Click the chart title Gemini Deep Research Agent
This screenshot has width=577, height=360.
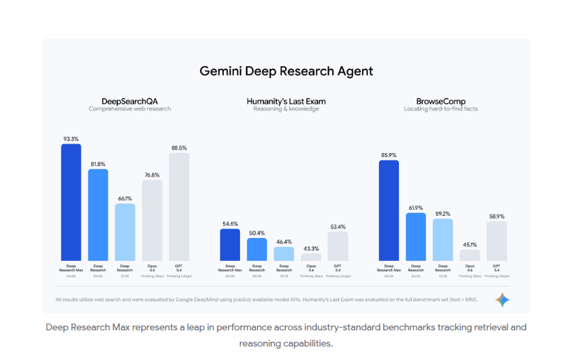coord(286,71)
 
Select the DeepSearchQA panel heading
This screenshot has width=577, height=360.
coord(129,100)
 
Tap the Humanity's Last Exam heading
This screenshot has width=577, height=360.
coord(286,100)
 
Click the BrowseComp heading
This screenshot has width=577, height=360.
coord(442,100)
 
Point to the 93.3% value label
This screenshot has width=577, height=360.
coord(71,138)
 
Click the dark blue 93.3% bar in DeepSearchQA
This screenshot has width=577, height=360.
coord(71,202)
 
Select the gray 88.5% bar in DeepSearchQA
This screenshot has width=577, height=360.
coord(179,206)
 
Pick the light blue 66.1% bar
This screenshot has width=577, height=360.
coord(125,232)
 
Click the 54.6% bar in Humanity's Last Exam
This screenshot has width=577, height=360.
coord(231,245)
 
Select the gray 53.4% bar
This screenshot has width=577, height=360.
coord(338,246)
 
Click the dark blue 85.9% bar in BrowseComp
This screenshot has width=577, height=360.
coord(389,210)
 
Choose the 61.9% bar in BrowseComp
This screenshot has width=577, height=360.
coord(416,237)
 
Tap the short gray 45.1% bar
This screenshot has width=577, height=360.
coord(470,256)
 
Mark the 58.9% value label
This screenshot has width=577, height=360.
coord(497,216)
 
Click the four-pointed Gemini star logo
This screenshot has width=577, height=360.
coord(502,300)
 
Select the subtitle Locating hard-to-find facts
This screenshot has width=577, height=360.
coord(442,109)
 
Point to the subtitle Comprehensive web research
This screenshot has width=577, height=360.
coord(129,109)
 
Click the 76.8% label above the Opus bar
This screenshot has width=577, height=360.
coord(152,175)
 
